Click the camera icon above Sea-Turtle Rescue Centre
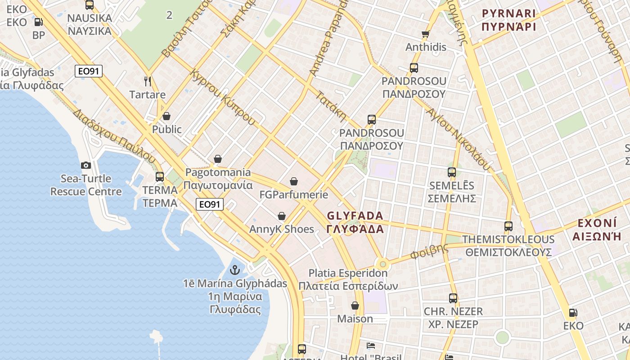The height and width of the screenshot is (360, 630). pyautogui.click(x=85, y=166)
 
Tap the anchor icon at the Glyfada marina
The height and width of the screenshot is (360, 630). pyautogui.click(x=234, y=270)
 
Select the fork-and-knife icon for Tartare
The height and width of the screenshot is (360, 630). pyautogui.click(x=147, y=81)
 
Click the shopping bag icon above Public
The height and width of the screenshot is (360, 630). pyautogui.click(x=166, y=116)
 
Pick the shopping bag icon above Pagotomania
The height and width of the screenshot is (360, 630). pyautogui.click(x=218, y=159)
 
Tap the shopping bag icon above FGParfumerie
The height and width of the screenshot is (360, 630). pyautogui.click(x=294, y=181)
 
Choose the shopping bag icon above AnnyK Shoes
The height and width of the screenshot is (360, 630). pyautogui.click(x=282, y=216)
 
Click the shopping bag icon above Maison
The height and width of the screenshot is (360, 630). pyautogui.click(x=355, y=306)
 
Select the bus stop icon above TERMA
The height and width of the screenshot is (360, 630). pyautogui.click(x=160, y=176)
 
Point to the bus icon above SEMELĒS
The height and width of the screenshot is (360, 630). pyautogui.click(x=452, y=172)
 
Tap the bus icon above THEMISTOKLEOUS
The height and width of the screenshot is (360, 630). pyautogui.click(x=508, y=226)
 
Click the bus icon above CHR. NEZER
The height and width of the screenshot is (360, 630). pyautogui.click(x=453, y=298)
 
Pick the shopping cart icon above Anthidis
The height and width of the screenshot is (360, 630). pyautogui.click(x=426, y=34)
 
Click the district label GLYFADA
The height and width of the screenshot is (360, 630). pyautogui.click(x=355, y=216)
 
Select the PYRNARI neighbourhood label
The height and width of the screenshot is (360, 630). pyautogui.click(x=508, y=13)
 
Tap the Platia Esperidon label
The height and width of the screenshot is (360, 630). pyautogui.click(x=348, y=273)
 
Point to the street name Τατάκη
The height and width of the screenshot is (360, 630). pyautogui.click(x=331, y=106)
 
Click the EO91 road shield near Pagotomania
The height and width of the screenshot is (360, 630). pyautogui.click(x=210, y=204)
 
